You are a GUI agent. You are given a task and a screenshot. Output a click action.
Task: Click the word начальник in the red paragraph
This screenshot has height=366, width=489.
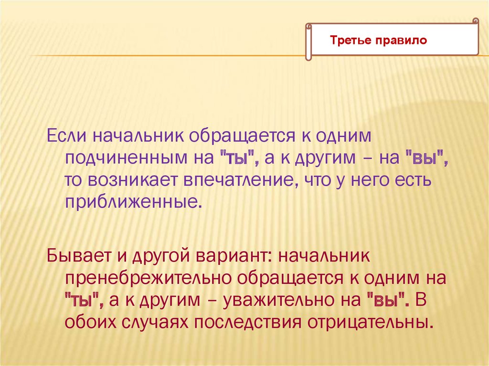pyautogui.click(x=324, y=256)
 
